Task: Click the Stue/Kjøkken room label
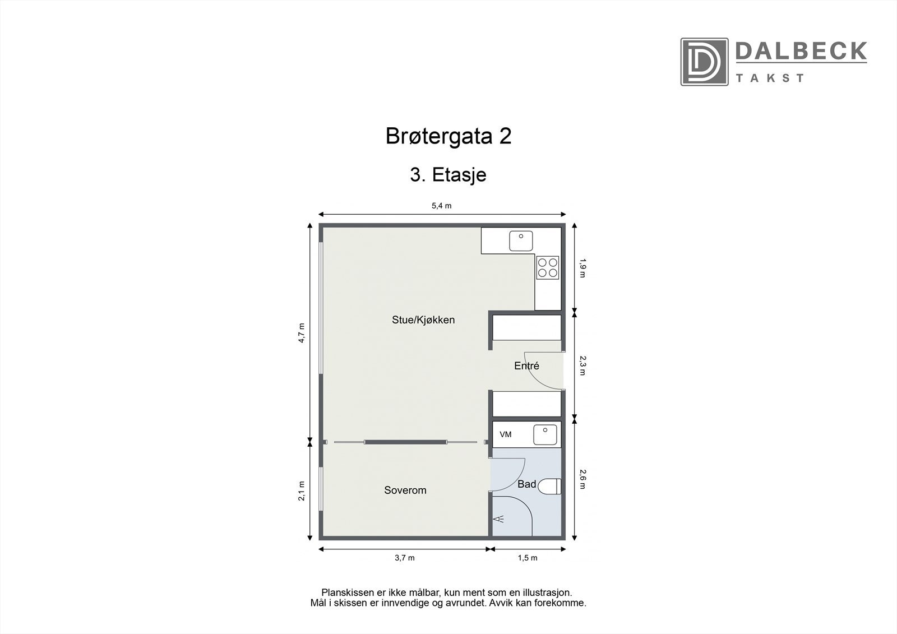click(x=423, y=320)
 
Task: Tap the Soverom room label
click(x=405, y=490)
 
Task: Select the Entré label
click(x=526, y=366)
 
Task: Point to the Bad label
click(x=526, y=484)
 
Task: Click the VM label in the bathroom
click(x=505, y=434)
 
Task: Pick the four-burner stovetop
click(x=547, y=267)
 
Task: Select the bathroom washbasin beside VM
click(x=545, y=434)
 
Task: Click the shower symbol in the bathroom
click(x=498, y=519)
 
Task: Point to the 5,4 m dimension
click(x=441, y=206)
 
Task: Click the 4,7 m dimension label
click(x=301, y=333)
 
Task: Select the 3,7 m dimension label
click(x=404, y=558)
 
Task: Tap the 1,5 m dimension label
click(x=527, y=558)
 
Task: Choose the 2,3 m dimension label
click(x=582, y=365)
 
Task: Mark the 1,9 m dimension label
click(x=582, y=267)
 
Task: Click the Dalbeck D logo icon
click(x=704, y=62)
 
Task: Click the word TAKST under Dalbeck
click(x=770, y=78)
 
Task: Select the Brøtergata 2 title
click(x=449, y=136)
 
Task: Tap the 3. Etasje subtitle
click(x=448, y=175)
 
